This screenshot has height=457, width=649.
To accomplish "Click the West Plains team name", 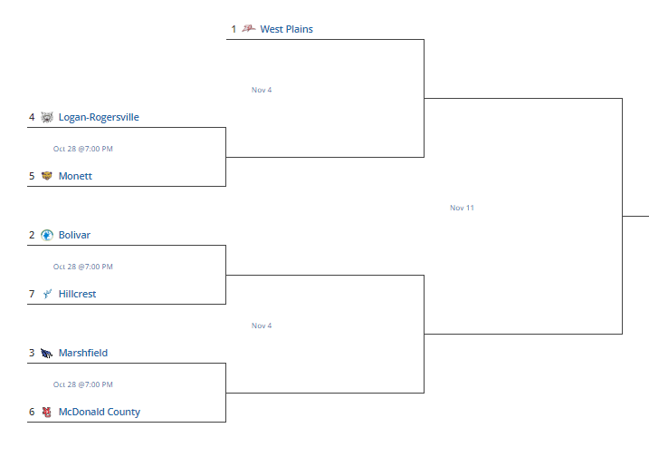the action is point(286,29).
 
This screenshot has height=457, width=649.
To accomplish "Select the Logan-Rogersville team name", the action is point(99,117).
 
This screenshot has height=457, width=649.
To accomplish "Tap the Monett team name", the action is point(75,176).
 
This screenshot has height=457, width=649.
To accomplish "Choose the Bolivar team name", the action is point(74,235).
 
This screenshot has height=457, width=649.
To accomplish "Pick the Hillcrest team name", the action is point(78,294).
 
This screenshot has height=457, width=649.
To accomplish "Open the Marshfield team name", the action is point(83,353).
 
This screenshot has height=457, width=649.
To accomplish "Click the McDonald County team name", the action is point(100,412).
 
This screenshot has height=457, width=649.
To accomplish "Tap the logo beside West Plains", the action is point(248,28).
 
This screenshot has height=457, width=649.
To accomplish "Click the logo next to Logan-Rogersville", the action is point(47,117).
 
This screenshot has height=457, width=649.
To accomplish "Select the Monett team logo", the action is point(47,176).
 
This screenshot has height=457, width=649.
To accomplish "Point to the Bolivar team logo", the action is point(47,235).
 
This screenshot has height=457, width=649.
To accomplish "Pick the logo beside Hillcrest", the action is point(47,294).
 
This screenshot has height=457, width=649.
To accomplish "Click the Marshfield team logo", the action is point(46,353).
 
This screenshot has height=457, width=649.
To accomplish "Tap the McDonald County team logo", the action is point(47,412).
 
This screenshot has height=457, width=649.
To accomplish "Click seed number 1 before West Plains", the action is point(234,29).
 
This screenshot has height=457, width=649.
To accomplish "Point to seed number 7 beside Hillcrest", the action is point(32,294).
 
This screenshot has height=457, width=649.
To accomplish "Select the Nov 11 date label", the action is point(462,208).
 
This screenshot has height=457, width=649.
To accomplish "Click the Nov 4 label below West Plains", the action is point(262,90).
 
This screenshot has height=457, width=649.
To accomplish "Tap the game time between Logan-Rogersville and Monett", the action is point(82,149).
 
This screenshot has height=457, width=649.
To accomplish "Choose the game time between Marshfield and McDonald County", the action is point(82,384).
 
